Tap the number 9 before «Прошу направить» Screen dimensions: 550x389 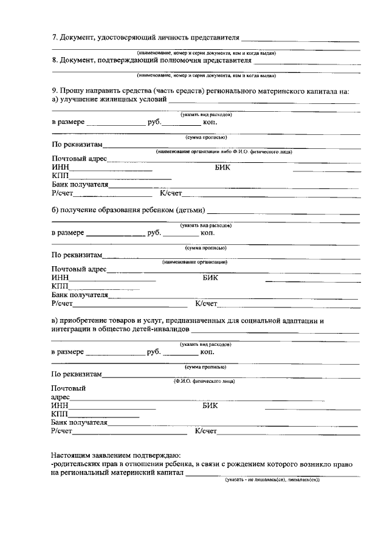(54, 91)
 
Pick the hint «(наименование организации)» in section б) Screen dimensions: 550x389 (194, 262)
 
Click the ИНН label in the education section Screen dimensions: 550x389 (60, 278)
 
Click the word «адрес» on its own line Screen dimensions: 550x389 (61, 396)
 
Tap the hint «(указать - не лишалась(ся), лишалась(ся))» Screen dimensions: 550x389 (272, 480)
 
